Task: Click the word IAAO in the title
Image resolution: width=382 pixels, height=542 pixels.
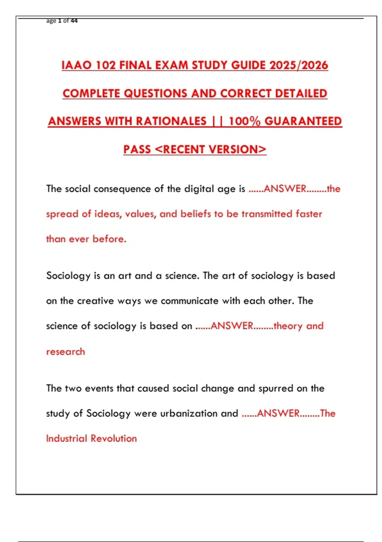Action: [77, 65]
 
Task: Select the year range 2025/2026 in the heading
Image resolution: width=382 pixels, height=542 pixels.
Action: [299, 65]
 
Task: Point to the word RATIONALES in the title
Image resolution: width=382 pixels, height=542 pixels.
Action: [171, 121]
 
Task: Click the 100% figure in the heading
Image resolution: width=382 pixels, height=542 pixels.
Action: [244, 121]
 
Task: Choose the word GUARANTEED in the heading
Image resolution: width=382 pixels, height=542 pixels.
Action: [303, 121]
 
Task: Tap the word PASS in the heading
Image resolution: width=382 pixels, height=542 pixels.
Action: [137, 149]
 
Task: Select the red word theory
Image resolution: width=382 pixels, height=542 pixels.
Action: [288, 326]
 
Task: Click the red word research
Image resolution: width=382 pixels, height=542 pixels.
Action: [66, 352]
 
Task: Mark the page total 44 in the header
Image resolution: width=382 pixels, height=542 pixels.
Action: [74, 21]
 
